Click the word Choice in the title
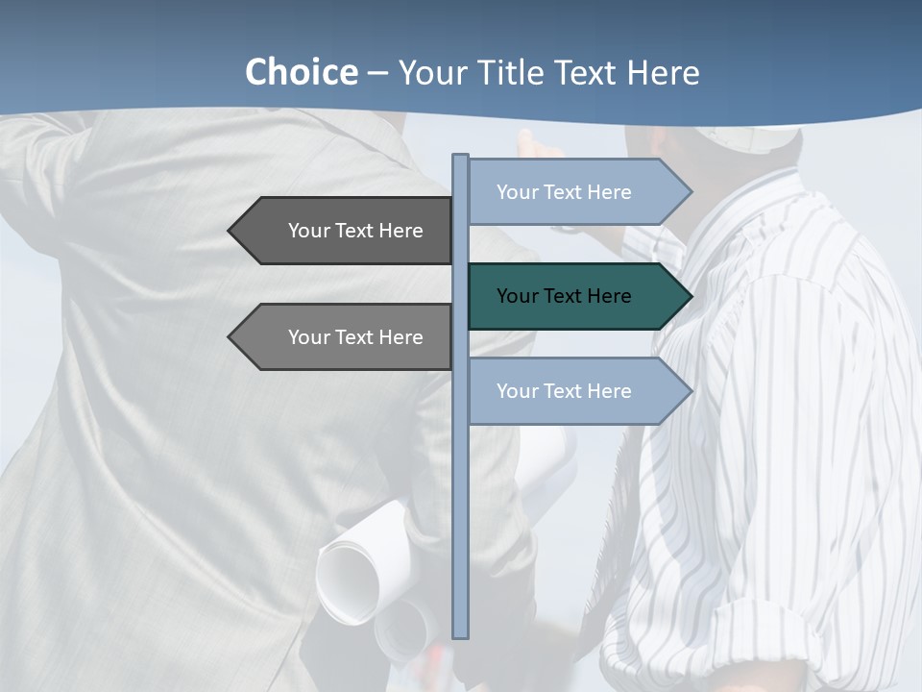(301, 72)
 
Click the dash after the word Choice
(377, 74)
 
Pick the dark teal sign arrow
(576, 296)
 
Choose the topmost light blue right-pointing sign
(576, 192)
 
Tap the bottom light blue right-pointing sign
(576, 391)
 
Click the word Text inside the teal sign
(564, 296)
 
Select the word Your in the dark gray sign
(309, 231)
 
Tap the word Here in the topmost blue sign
(610, 192)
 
